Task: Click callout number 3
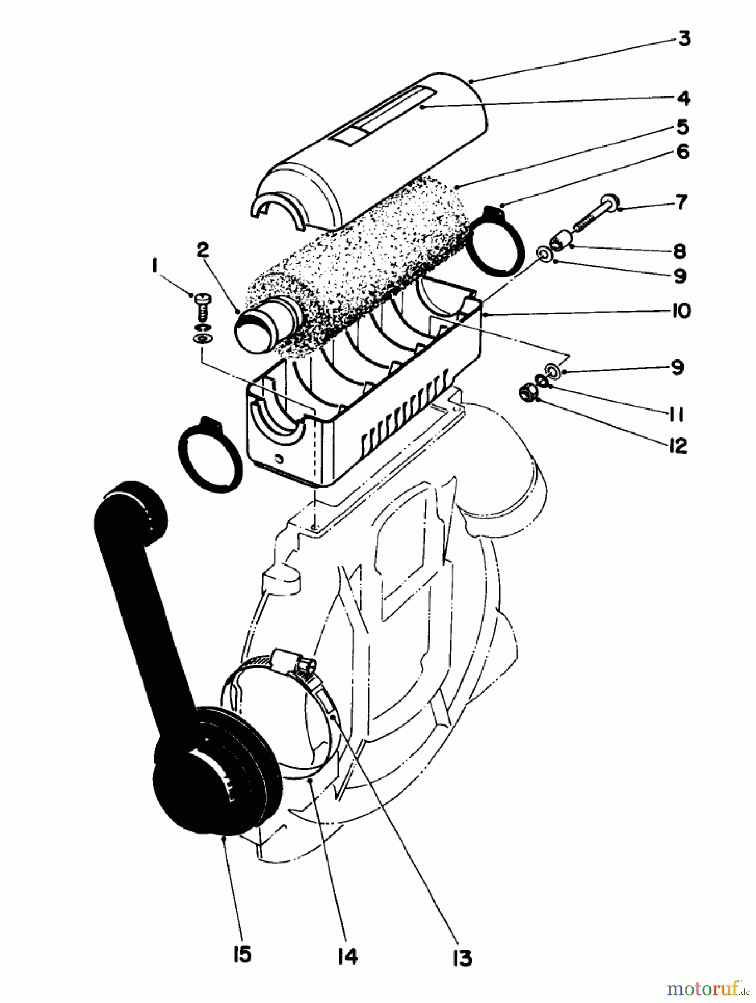point(684,40)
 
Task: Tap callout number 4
point(684,99)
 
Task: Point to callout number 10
point(681,310)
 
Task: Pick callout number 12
point(678,446)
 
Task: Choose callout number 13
point(462,958)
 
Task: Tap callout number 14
point(347,956)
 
